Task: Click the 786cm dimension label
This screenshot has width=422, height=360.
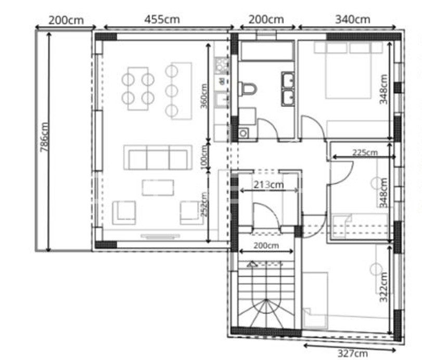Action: click(x=44, y=137)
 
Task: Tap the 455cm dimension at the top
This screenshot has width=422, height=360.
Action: click(x=162, y=19)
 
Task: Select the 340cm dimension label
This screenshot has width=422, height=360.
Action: click(x=353, y=19)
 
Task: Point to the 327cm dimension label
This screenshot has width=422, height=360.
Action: click(x=353, y=353)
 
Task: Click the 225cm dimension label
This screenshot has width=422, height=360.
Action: click(x=365, y=152)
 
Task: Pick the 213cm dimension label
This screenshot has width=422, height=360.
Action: click(x=268, y=185)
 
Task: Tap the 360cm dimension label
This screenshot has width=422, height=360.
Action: click(x=204, y=96)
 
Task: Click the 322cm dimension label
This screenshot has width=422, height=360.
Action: click(x=383, y=287)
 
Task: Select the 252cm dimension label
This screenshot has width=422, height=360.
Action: click(x=204, y=204)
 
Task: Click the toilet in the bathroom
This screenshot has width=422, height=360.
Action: click(x=248, y=88)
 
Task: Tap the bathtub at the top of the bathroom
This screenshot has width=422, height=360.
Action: click(x=266, y=50)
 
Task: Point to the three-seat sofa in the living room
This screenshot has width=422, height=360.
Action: click(x=158, y=158)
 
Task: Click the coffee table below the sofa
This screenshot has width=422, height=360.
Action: click(x=158, y=187)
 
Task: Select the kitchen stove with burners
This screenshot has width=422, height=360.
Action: click(x=222, y=66)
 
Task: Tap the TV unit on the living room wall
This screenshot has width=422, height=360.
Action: click(x=160, y=237)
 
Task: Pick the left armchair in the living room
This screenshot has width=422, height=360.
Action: click(x=124, y=213)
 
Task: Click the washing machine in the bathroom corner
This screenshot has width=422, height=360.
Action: click(x=244, y=133)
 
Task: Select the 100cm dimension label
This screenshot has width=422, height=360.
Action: click(x=204, y=156)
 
